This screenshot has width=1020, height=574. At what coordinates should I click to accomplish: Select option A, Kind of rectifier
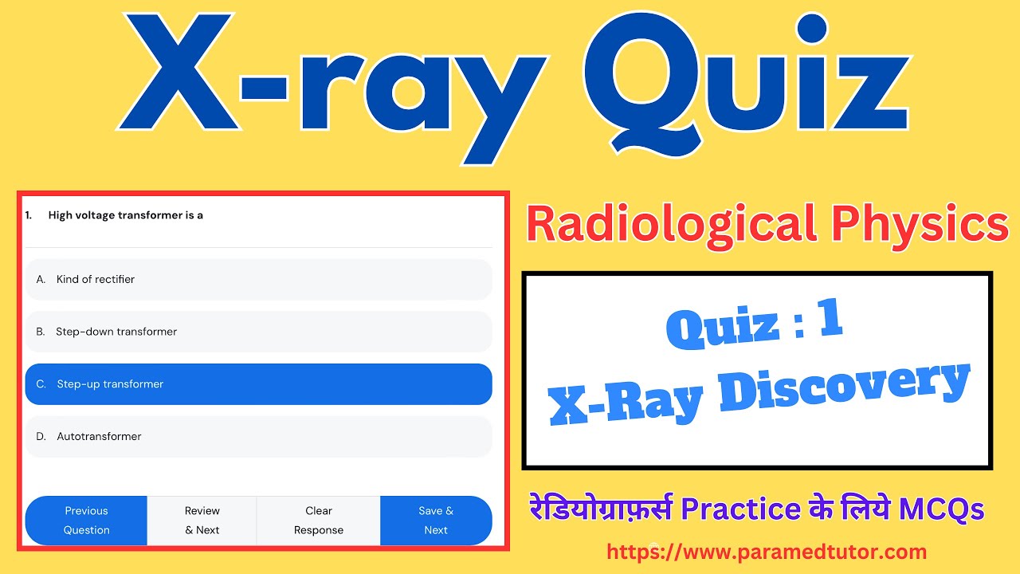pos(258,279)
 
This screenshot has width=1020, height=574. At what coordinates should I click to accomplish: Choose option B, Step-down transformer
pos(258,332)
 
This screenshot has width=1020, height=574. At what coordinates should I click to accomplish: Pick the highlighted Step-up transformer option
pos(258,384)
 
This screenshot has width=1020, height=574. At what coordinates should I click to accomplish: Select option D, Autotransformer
pos(258,437)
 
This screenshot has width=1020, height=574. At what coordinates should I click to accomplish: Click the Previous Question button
pos(86,521)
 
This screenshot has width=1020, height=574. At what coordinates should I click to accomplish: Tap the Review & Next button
pos(202,521)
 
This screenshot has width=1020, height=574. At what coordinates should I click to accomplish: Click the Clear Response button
pos(319,521)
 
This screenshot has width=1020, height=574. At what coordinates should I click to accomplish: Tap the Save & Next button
pos(436,521)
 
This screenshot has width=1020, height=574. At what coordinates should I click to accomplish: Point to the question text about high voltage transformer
pos(126,215)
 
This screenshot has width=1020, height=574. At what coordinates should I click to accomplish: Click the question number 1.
pos(29,215)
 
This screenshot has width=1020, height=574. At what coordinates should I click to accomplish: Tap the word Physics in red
pos(920,226)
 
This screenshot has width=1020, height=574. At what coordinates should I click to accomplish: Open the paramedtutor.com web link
pos(767,552)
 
